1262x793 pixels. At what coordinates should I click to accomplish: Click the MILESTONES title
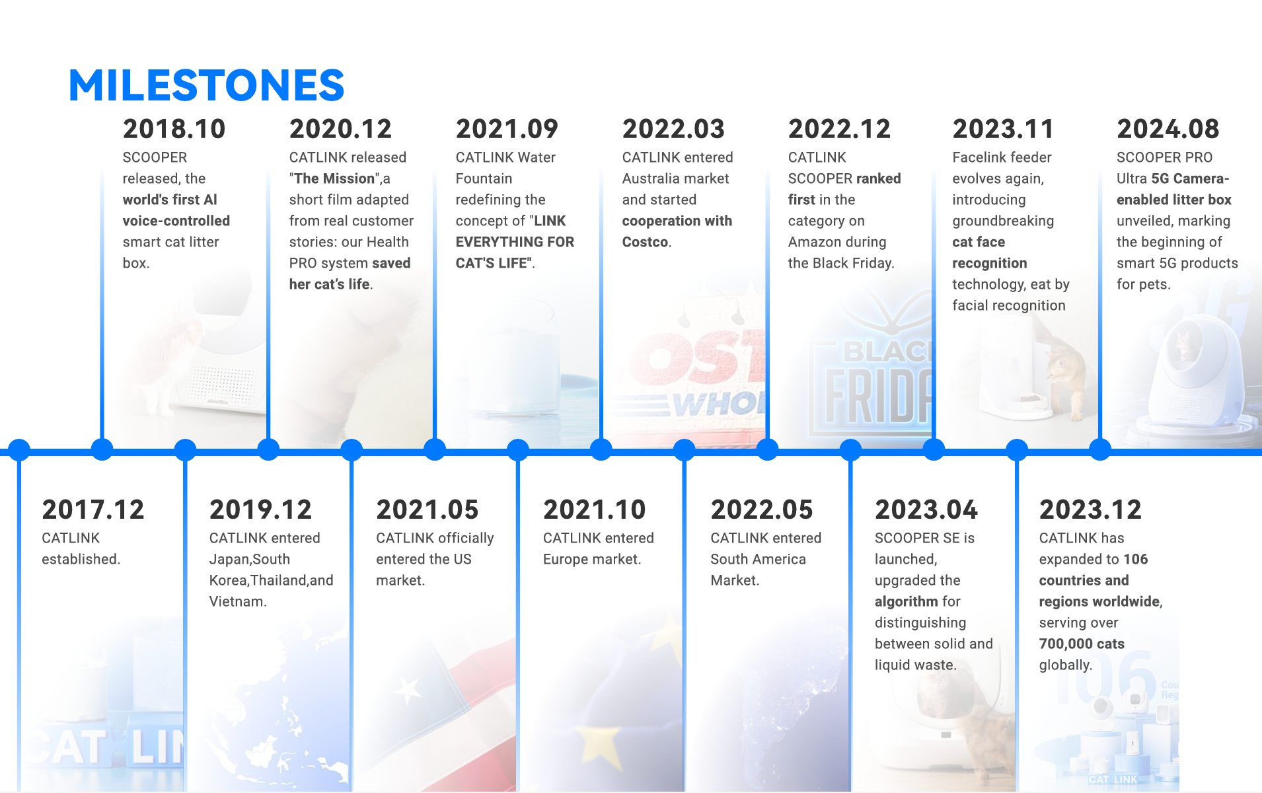point(206,85)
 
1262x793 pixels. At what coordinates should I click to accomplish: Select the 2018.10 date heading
point(174,129)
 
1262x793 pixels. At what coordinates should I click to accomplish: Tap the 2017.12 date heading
point(93,510)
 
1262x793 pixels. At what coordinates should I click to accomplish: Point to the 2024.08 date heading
point(1168,129)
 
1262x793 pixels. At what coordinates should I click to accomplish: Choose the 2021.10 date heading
point(595,510)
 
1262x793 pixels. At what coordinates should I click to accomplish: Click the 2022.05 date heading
point(762,510)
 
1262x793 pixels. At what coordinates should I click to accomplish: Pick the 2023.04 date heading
point(926,510)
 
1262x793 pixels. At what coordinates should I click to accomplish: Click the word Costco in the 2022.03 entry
point(645,242)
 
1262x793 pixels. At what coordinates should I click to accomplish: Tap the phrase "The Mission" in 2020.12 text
point(335,178)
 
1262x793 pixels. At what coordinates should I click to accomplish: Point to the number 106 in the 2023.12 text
point(1135,559)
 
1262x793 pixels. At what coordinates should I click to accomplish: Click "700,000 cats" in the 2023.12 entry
point(1082,644)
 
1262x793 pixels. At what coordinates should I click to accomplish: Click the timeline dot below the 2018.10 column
point(102,450)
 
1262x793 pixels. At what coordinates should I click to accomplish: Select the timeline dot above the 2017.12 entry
point(19,450)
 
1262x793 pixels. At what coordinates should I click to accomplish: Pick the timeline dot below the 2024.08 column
point(1100,450)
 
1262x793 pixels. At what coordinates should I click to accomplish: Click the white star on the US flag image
point(407,691)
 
